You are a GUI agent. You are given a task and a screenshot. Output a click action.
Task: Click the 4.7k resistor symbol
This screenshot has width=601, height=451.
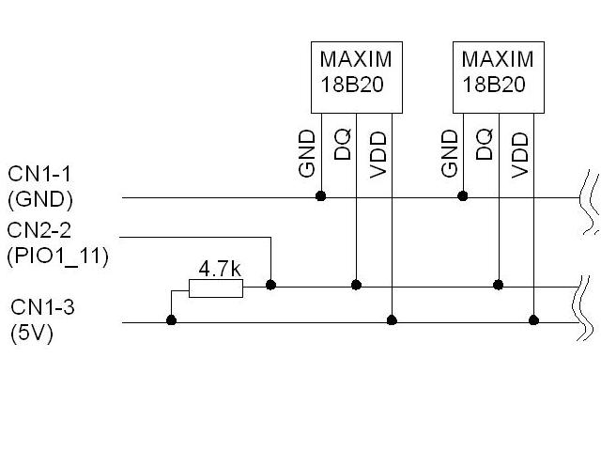[216, 288]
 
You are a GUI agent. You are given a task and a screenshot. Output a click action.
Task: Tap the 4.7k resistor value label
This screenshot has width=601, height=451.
[220, 269]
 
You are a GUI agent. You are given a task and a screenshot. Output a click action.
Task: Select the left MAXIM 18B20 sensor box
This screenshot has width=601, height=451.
[357, 77]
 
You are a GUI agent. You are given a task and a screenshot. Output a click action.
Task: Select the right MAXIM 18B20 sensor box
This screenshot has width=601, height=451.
[499, 77]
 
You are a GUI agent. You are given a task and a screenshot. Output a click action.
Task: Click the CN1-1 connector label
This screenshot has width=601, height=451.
[39, 174]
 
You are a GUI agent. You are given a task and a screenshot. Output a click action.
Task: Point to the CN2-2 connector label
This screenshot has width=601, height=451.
[39, 230]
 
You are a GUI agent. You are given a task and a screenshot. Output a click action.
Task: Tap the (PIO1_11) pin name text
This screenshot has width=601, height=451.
[57, 256]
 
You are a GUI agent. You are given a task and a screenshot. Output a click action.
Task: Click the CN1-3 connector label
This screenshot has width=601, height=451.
[42, 307]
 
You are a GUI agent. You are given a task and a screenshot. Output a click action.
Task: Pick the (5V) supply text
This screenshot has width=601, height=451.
[32, 333]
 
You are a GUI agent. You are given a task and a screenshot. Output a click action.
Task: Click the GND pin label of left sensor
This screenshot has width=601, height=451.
[307, 153]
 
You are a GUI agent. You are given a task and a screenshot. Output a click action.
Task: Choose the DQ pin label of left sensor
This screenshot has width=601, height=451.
[342, 144]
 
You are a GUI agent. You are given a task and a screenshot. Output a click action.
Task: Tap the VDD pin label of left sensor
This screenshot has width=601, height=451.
[378, 155]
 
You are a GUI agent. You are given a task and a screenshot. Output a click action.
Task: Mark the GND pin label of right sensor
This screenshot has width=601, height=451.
[449, 153]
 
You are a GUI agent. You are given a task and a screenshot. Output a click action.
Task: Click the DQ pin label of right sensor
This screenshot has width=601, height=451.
[485, 144]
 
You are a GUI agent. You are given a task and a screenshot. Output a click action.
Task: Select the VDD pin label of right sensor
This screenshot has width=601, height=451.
[520, 155]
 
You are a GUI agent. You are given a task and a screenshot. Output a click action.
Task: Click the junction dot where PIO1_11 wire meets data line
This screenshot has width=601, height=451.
[271, 285]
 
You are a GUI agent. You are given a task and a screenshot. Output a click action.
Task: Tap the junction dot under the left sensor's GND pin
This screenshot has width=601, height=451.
[321, 196]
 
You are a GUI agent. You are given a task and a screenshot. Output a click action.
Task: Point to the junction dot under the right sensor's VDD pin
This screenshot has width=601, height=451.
[534, 319]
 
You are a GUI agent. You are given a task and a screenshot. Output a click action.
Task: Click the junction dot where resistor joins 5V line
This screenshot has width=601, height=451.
[171, 319]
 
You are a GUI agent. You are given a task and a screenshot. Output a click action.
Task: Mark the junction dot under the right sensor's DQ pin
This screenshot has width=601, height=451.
[499, 285]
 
